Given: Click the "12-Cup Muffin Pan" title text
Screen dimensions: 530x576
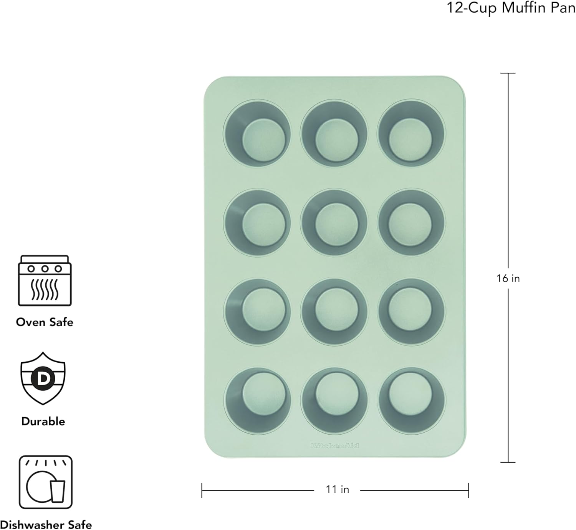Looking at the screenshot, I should click(511, 8).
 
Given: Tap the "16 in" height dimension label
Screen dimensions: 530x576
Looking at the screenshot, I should click(508, 278).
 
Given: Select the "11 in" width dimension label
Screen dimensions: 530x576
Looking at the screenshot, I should click(337, 489).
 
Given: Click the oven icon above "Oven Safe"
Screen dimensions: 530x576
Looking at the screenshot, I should click(45, 280).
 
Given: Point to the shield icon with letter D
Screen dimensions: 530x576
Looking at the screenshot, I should click(43, 378).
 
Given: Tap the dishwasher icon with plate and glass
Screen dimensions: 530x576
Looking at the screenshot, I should click(45, 482).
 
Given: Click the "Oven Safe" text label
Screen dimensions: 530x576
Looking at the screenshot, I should click(45, 322).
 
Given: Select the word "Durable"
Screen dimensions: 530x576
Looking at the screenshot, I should click(43, 421).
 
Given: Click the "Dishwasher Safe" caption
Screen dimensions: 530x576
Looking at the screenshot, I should click(46, 525).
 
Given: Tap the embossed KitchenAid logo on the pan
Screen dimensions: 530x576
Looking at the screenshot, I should click(334, 445).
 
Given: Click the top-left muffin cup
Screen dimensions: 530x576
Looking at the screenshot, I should click(257, 133).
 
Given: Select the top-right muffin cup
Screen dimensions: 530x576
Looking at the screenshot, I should click(412, 133).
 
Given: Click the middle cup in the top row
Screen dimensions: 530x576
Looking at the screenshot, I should click(334, 133).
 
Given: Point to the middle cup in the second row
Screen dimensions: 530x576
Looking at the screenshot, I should click(334, 222).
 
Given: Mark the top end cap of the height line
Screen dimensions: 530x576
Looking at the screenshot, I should click(508, 73).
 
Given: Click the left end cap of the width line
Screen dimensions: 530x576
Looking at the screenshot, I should click(202, 490).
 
